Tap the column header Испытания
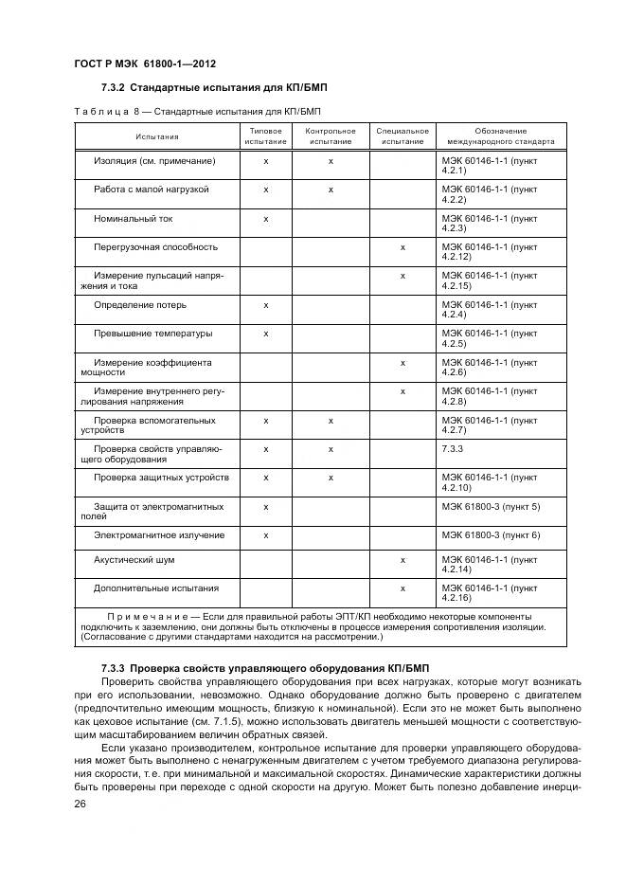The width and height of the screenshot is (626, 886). (x=156, y=136)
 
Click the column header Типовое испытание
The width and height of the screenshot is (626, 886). (x=265, y=136)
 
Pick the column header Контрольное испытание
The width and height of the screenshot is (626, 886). (x=331, y=136)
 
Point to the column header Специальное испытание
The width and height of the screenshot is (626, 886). (x=402, y=136)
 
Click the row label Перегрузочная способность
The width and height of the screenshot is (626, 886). (x=155, y=247)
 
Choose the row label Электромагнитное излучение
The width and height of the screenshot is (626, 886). (x=158, y=535)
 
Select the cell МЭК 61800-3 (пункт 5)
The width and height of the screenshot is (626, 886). (x=491, y=507)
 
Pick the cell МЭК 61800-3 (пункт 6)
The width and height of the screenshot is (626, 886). (x=491, y=535)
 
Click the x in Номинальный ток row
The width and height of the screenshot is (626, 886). (x=266, y=218)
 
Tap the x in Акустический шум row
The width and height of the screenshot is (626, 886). (x=402, y=560)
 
